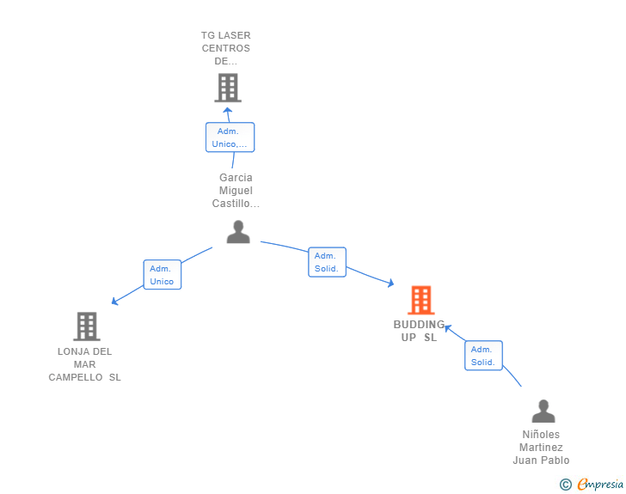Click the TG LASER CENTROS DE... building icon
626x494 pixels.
[x=227, y=88]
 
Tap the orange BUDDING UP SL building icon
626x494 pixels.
[x=420, y=300]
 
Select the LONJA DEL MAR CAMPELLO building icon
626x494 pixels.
[x=86, y=326]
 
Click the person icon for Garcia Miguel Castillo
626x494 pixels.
[x=238, y=232]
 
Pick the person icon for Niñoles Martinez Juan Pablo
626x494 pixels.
[x=543, y=412]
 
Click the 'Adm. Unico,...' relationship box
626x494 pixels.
[x=230, y=137]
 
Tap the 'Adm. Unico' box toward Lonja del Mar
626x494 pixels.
[x=162, y=275]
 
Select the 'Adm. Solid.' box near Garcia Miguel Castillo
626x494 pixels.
[x=327, y=262]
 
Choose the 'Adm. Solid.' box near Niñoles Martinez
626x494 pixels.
[x=483, y=356]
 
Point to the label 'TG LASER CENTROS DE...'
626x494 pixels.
[x=226, y=48]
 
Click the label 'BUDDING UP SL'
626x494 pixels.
[x=419, y=331]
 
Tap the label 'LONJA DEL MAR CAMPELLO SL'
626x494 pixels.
[x=84, y=364]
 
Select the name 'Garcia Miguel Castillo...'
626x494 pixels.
[x=236, y=191]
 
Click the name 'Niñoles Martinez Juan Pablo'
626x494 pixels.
[x=541, y=448]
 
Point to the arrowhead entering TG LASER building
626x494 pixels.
[x=227, y=109]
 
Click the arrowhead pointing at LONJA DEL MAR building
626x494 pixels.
[x=114, y=302]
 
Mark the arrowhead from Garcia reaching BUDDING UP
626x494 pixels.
[x=390, y=284]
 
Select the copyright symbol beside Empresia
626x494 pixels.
[x=565, y=485]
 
